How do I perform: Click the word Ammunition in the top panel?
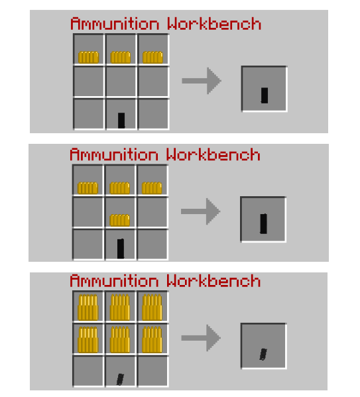[115, 24]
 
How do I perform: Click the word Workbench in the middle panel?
[213, 154]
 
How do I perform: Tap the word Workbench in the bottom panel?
[213, 280]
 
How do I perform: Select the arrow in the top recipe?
[202, 81]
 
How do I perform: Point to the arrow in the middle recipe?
[201, 211]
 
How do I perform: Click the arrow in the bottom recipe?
[201, 338]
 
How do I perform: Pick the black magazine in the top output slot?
[265, 95]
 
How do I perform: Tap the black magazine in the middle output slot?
[263, 223]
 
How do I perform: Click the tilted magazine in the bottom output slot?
[263, 354]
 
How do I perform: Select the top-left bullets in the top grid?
[88, 57]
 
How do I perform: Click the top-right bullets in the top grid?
[152, 57]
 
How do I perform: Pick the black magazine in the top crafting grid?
[121, 121]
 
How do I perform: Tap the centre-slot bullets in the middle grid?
[120, 220]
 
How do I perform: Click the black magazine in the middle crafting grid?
[121, 249]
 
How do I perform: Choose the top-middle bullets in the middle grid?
[120, 188]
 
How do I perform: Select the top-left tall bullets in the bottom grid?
[88, 308]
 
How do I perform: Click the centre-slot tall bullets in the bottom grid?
[120, 339]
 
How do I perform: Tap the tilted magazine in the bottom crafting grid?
[120, 379]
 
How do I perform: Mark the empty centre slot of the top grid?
[121, 82]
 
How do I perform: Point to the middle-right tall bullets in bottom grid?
[152, 339]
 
